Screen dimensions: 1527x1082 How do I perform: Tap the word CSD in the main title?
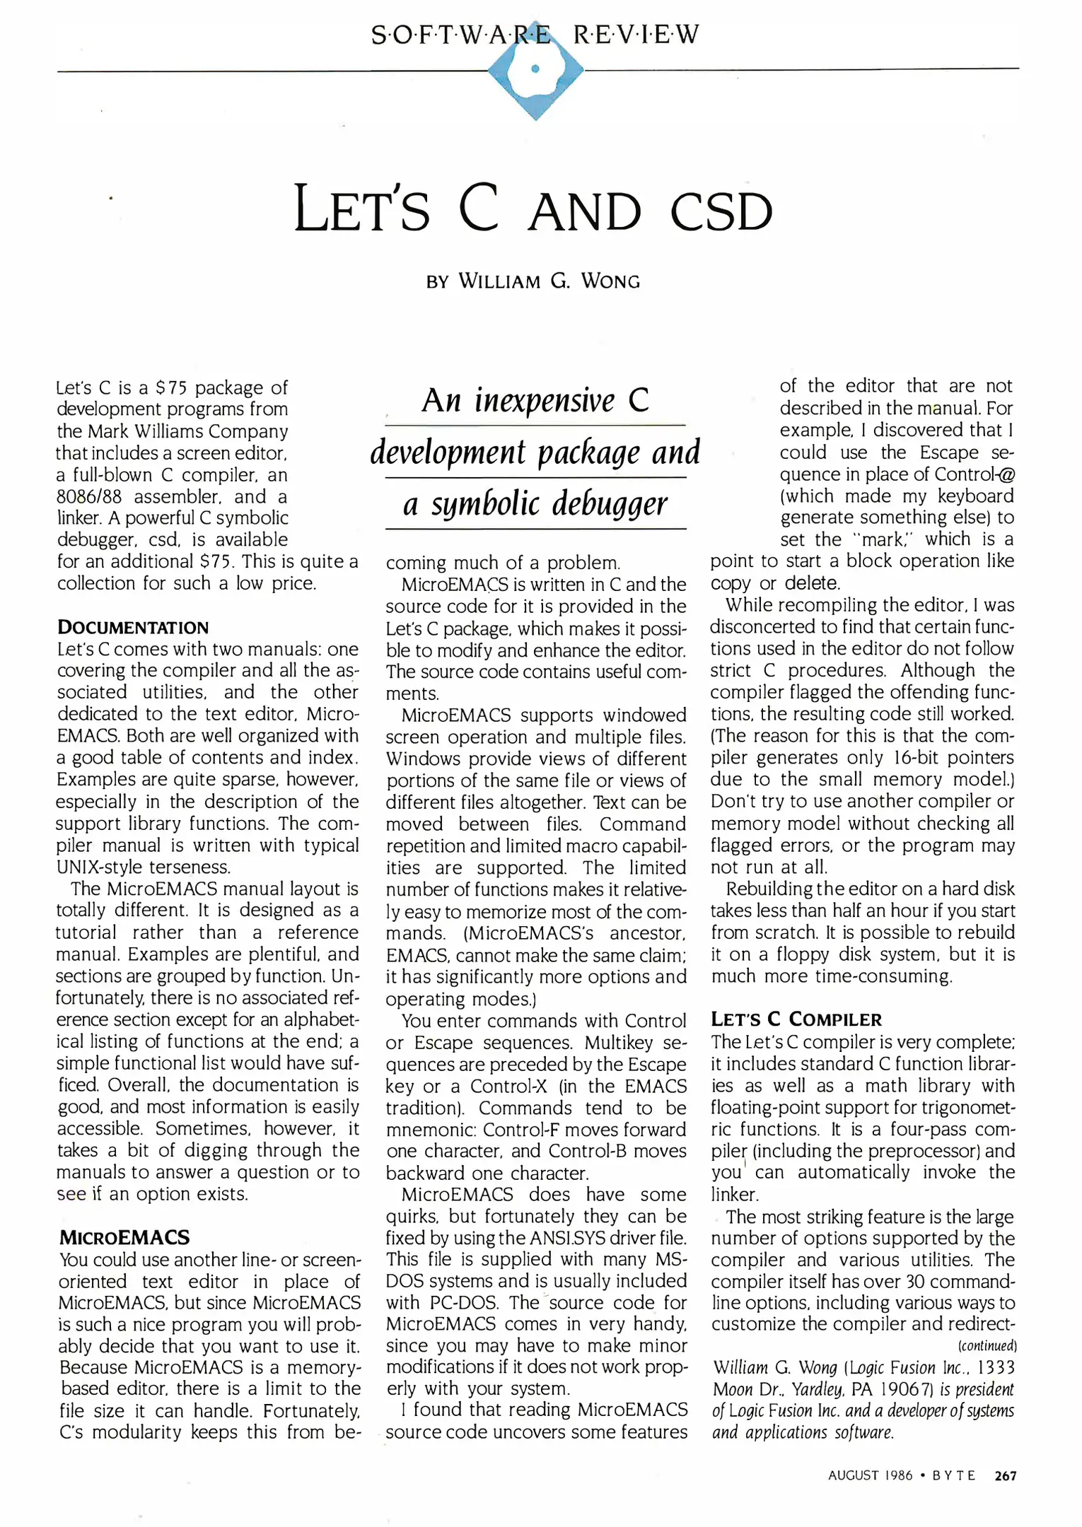point(721,211)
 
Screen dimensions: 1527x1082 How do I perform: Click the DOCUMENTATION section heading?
point(133,627)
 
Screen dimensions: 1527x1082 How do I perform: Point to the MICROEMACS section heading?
point(124,1237)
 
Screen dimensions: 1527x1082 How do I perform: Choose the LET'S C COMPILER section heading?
point(796,1019)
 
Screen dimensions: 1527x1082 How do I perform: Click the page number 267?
point(1005,1475)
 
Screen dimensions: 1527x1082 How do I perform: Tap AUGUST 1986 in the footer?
point(870,1475)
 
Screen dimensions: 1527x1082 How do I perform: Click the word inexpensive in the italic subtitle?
point(545,401)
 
